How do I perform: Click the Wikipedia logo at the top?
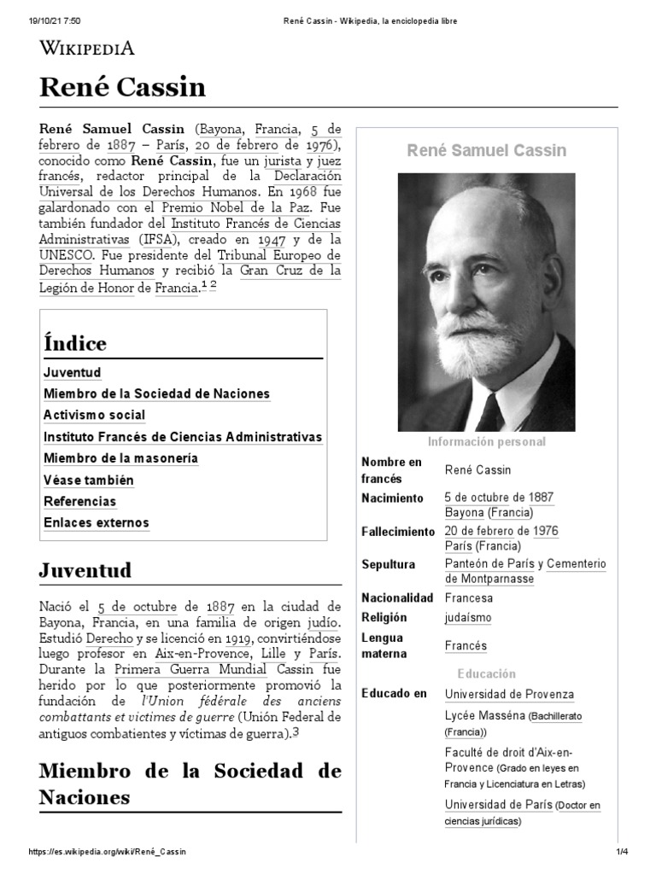[87, 47]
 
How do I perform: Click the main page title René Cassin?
[122, 87]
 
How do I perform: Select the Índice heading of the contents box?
[75, 344]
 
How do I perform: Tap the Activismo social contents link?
[94, 416]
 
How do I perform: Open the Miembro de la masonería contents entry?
[120, 458]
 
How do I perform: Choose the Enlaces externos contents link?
[96, 522]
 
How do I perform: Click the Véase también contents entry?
[88, 480]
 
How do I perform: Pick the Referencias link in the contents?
[79, 501]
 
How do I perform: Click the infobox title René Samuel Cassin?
[486, 151]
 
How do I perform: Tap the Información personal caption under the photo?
[486, 442]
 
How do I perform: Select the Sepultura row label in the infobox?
[389, 564]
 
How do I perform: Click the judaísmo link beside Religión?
[468, 618]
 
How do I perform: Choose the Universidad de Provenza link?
[509, 695]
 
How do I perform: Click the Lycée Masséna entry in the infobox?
[483, 715]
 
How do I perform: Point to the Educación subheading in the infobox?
[486, 673]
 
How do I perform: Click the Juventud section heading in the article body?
[85, 570]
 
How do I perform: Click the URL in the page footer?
[108, 853]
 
